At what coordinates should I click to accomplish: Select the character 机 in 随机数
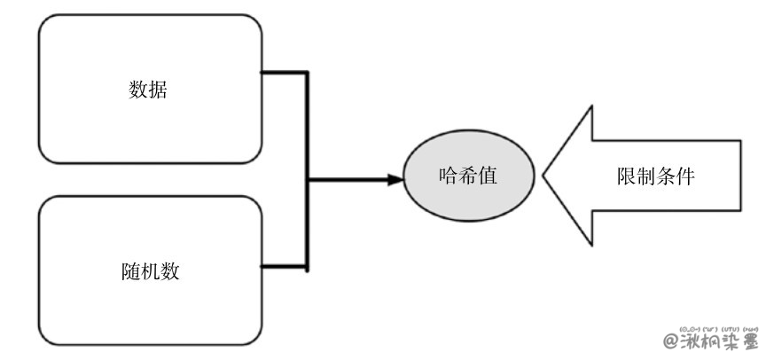click(x=151, y=271)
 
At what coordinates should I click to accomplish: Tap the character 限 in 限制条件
click(x=626, y=176)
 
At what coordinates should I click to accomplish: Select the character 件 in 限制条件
click(x=684, y=176)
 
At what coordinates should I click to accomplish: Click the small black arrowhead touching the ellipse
click(x=395, y=180)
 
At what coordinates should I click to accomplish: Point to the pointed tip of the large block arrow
click(x=544, y=176)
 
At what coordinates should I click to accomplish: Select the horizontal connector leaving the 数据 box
click(x=285, y=73)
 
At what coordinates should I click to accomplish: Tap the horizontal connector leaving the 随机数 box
click(x=285, y=263)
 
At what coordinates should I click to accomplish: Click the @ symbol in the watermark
click(x=671, y=341)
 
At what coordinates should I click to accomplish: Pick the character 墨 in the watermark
click(x=747, y=341)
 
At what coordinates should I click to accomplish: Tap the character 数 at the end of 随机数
click(x=170, y=271)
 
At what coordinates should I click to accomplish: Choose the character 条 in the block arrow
click(x=665, y=176)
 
